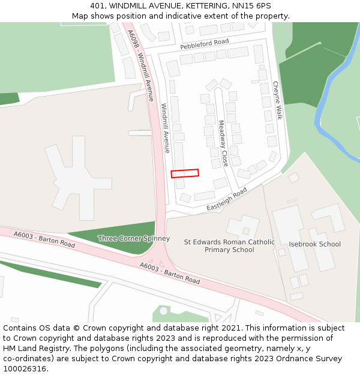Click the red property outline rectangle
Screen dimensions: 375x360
pos(185,173)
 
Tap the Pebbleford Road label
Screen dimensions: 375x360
pos(205,44)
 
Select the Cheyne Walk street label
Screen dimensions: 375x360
pos(277,100)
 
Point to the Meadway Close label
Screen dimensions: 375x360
pos(222,143)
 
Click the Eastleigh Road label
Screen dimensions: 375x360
pos(227,199)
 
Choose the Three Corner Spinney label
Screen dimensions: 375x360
pos(134,238)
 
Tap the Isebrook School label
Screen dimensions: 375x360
pos(314,244)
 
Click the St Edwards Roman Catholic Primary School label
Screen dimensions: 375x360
pos(229,246)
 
